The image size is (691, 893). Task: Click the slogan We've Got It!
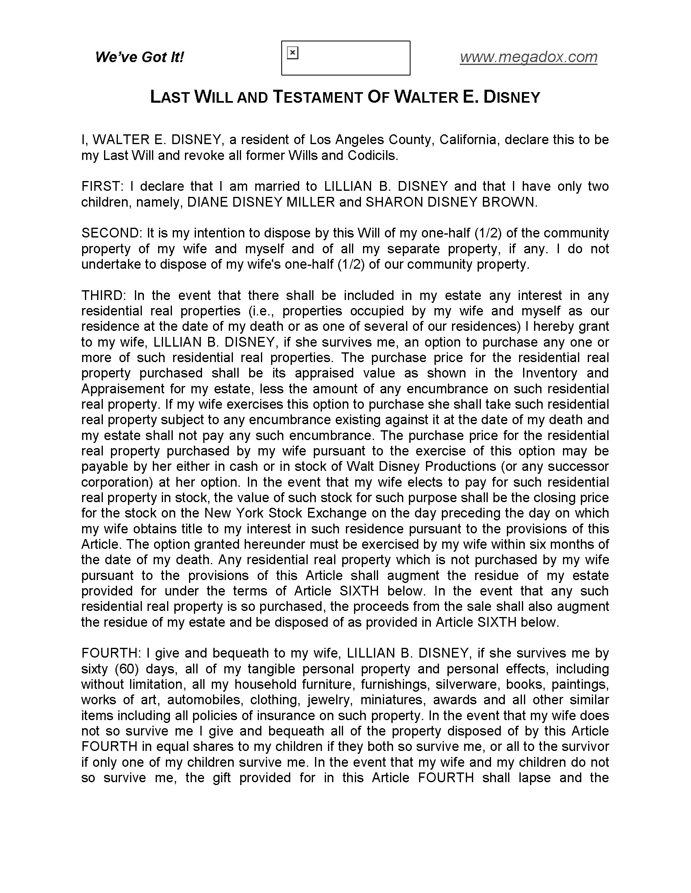coord(139,57)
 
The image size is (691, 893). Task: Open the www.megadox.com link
coord(528,57)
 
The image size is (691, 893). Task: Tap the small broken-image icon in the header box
coord(293,53)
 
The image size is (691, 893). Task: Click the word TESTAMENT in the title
coord(317,97)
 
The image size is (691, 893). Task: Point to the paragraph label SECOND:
coord(111,233)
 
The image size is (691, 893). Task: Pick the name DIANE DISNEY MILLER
coord(261,202)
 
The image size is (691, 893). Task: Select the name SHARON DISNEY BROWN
coord(450,202)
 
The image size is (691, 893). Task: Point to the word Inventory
coord(550,373)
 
